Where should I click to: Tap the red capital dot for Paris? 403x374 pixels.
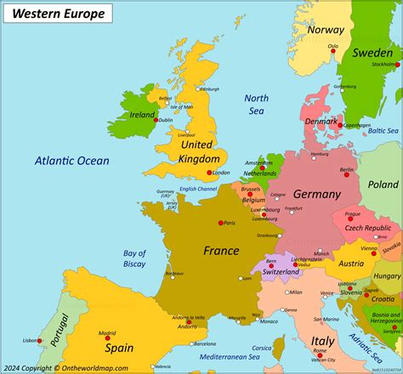tap(220, 223)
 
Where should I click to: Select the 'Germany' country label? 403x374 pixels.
tap(316, 194)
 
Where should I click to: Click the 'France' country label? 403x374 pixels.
tap(220, 250)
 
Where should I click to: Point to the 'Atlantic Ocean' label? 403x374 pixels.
tap(72, 161)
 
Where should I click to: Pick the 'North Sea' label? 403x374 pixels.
tap(257, 104)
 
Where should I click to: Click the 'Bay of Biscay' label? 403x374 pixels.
tap(134, 258)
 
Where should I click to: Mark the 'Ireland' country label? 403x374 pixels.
tap(142, 115)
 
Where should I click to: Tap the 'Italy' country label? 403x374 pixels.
tap(322, 340)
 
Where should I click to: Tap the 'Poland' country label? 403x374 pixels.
tap(383, 184)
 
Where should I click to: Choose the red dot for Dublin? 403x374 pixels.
tap(155, 120)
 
